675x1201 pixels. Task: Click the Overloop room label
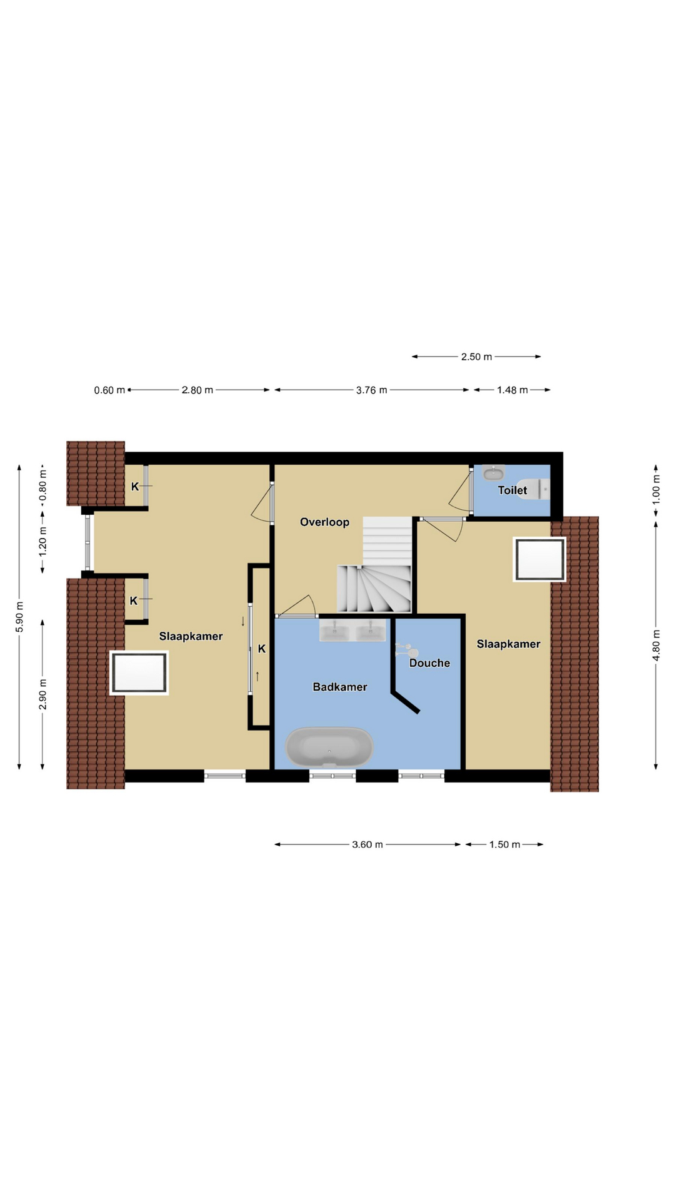pyautogui.click(x=324, y=522)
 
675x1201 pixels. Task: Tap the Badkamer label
pyautogui.click(x=340, y=687)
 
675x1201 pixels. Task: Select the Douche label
pyautogui.click(x=429, y=663)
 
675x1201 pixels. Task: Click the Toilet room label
pyautogui.click(x=512, y=490)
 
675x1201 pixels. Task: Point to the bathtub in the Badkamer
pyautogui.click(x=329, y=747)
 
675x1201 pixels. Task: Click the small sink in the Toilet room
pyautogui.click(x=494, y=473)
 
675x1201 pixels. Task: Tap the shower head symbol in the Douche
pyautogui.click(x=407, y=651)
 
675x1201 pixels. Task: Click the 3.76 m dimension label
pyautogui.click(x=371, y=390)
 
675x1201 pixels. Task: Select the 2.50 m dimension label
pyautogui.click(x=476, y=357)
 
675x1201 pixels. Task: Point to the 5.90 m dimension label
pyautogui.click(x=19, y=617)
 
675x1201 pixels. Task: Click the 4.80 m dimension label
pyautogui.click(x=656, y=645)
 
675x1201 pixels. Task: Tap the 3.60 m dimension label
pyautogui.click(x=367, y=844)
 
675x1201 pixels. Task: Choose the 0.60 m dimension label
pyautogui.click(x=109, y=390)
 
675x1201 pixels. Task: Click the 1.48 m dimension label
pyautogui.click(x=512, y=390)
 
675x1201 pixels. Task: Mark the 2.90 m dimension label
pyautogui.click(x=42, y=694)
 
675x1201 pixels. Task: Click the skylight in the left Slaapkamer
pyautogui.click(x=139, y=672)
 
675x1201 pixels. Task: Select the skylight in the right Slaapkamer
pyautogui.click(x=539, y=559)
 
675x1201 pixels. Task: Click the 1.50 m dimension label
pyautogui.click(x=504, y=844)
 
